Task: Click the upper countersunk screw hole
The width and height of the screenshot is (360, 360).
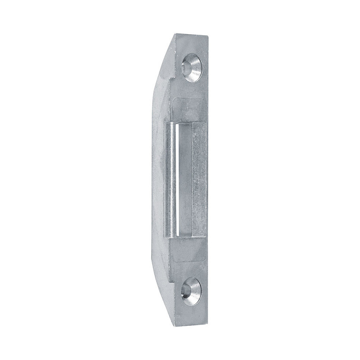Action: click(x=191, y=67)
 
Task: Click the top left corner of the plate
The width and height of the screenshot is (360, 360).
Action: click(x=172, y=35)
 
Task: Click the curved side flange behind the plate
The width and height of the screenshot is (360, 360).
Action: click(x=157, y=180)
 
